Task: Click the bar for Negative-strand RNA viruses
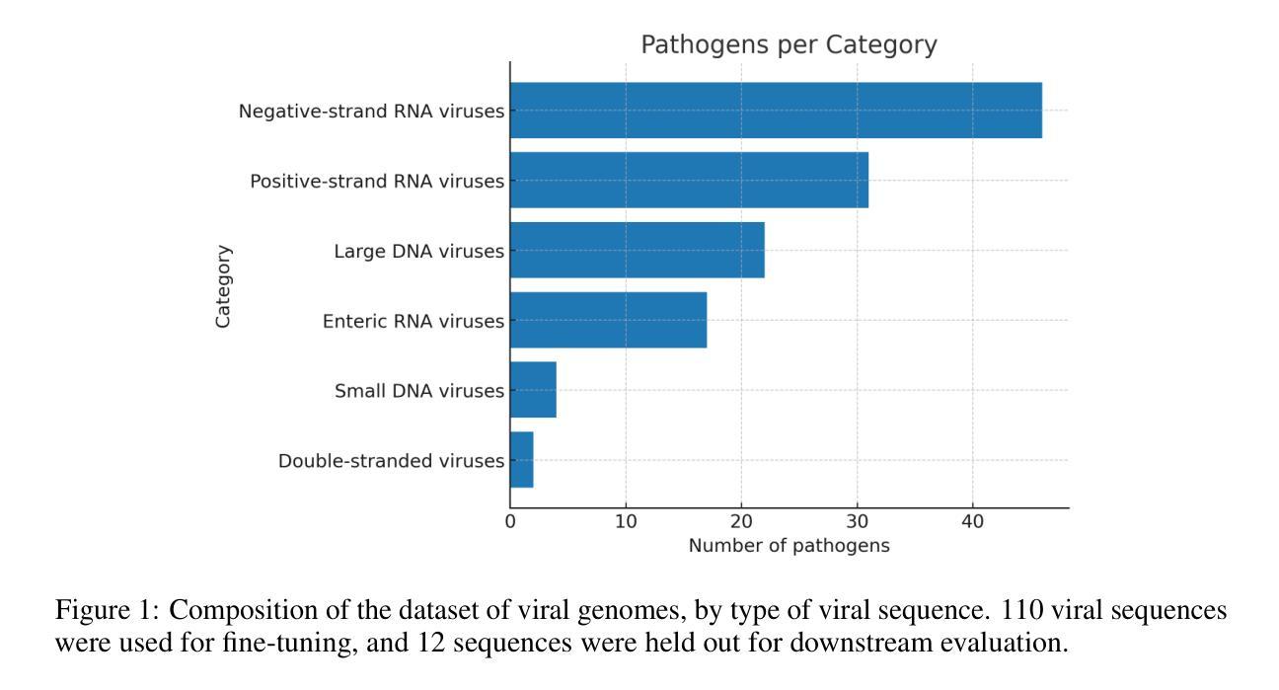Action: point(776,111)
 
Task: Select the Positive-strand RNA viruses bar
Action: point(689,181)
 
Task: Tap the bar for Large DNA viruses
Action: point(637,251)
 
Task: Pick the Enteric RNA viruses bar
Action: point(608,320)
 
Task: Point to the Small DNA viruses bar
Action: point(533,390)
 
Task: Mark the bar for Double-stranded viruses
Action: point(521,460)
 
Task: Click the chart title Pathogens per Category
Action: point(789,44)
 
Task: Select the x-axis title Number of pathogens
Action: point(789,546)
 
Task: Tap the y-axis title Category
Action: point(224,286)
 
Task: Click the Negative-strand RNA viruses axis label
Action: point(371,112)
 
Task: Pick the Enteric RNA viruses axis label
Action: point(414,321)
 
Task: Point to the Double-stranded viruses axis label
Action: point(391,461)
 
